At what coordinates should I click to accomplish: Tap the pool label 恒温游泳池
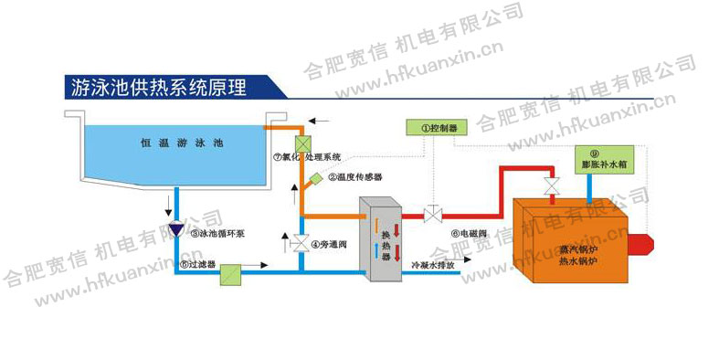[x=182, y=143]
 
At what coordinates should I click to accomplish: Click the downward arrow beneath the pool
[x=167, y=200]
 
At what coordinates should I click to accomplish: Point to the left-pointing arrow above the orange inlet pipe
[x=319, y=120]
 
